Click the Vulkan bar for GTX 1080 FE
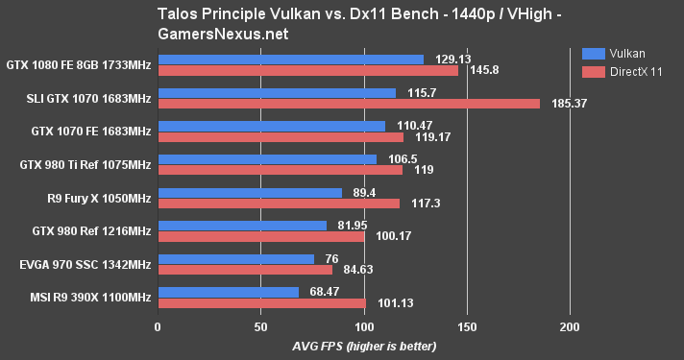pyautogui.click(x=290, y=60)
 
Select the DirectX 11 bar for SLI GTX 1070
pyautogui.click(x=349, y=103)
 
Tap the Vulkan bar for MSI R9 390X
pyautogui.click(x=228, y=292)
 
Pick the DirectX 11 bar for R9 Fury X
pyautogui.click(x=279, y=203)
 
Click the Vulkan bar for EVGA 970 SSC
pyautogui.click(x=235, y=259)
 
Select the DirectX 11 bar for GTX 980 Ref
pyautogui.click(x=260, y=236)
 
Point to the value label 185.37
pyautogui.click(x=569, y=103)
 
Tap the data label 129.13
pyautogui.click(x=452, y=59)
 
